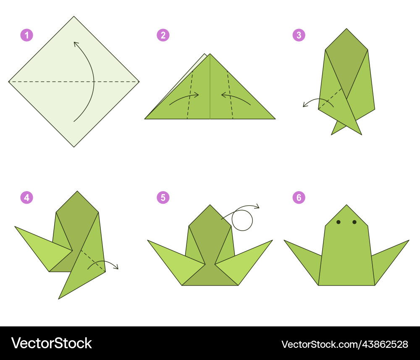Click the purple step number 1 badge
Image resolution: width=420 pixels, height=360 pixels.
tap(26, 35)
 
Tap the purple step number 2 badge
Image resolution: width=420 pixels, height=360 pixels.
tap(163, 35)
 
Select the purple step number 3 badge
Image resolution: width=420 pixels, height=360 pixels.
tap(299, 35)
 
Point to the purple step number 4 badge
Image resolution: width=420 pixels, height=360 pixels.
tap(26, 198)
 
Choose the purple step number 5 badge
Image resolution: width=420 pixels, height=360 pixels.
tap(163, 198)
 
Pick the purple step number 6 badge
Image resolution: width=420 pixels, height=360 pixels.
tap(299, 198)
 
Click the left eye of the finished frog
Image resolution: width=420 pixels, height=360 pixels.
tap(338, 222)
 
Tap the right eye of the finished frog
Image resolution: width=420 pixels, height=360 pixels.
tap(354, 222)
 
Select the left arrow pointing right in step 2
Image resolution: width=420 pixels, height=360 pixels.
tap(184, 97)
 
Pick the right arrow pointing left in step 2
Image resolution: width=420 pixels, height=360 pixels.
tap(236, 97)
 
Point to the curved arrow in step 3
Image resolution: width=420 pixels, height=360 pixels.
tap(319, 99)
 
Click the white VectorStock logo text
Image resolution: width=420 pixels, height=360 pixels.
tap(51, 343)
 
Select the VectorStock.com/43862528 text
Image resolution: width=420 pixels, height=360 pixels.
tap(345, 344)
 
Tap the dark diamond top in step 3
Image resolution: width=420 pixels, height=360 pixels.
tap(346, 62)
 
